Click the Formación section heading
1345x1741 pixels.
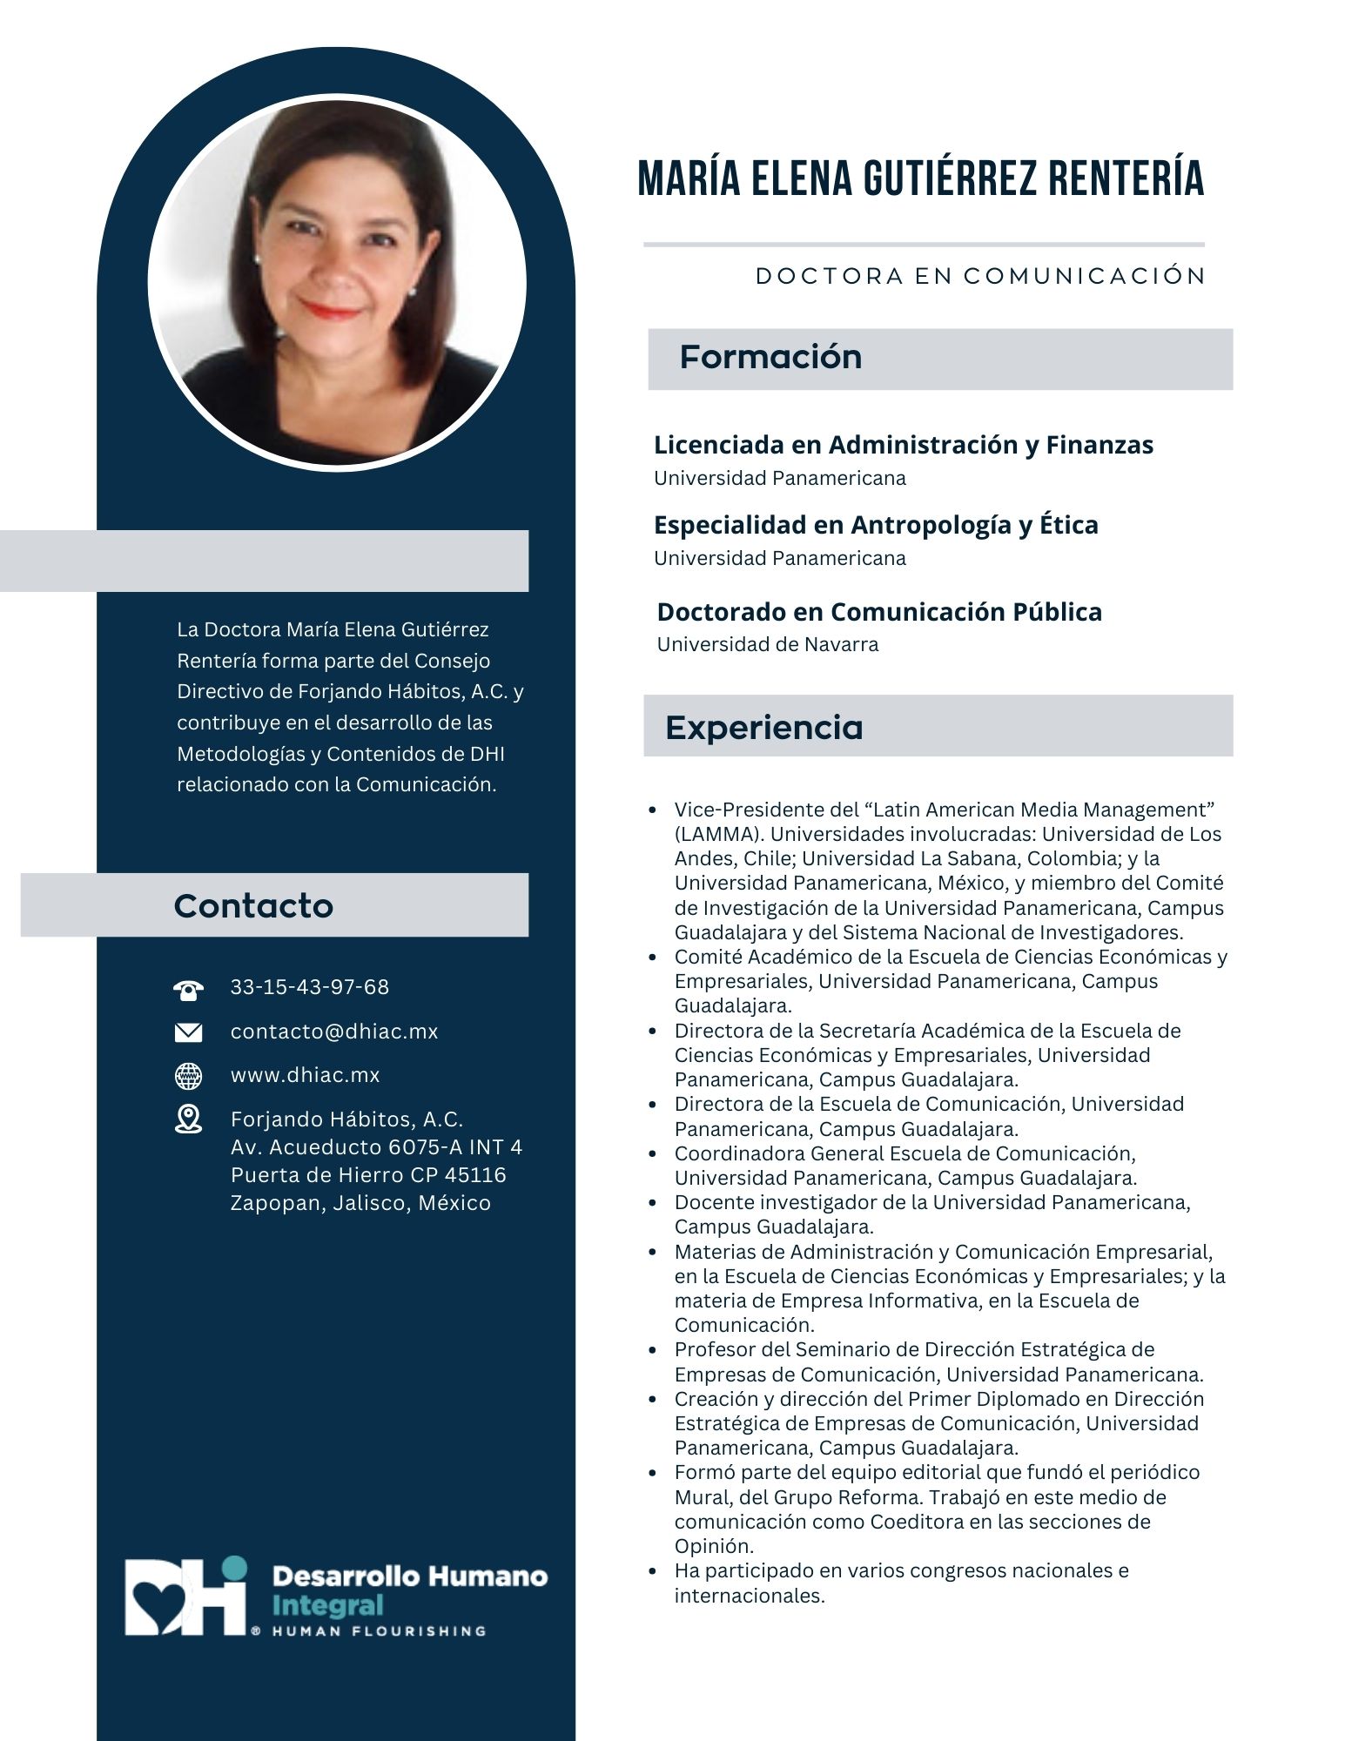[x=770, y=357]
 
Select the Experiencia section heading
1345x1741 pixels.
[x=763, y=727]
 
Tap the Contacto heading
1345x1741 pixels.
[x=253, y=905]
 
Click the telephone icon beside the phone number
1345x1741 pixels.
[x=188, y=990]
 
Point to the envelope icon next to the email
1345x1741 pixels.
[x=188, y=1032]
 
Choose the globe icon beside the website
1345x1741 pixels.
[x=188, y=1076]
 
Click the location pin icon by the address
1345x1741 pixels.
[x=188, y=1119]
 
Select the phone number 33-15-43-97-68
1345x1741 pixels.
[x=309, y=987]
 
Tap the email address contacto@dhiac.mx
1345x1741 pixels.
[x=334, y=1032]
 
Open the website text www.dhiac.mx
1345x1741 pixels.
[x=305, y=1075]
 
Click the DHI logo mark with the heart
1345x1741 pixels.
[x=185, y=1597]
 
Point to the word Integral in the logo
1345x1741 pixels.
[x=327, y=1604]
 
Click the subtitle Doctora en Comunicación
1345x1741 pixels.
[x=979, y=276]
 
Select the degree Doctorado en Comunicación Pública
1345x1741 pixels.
[x=879, y=612]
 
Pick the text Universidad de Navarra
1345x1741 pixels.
[x=767, y=645]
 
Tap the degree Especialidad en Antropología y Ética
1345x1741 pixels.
[x=876, y=525]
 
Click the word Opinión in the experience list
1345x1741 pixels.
[x=713, y=1546]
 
